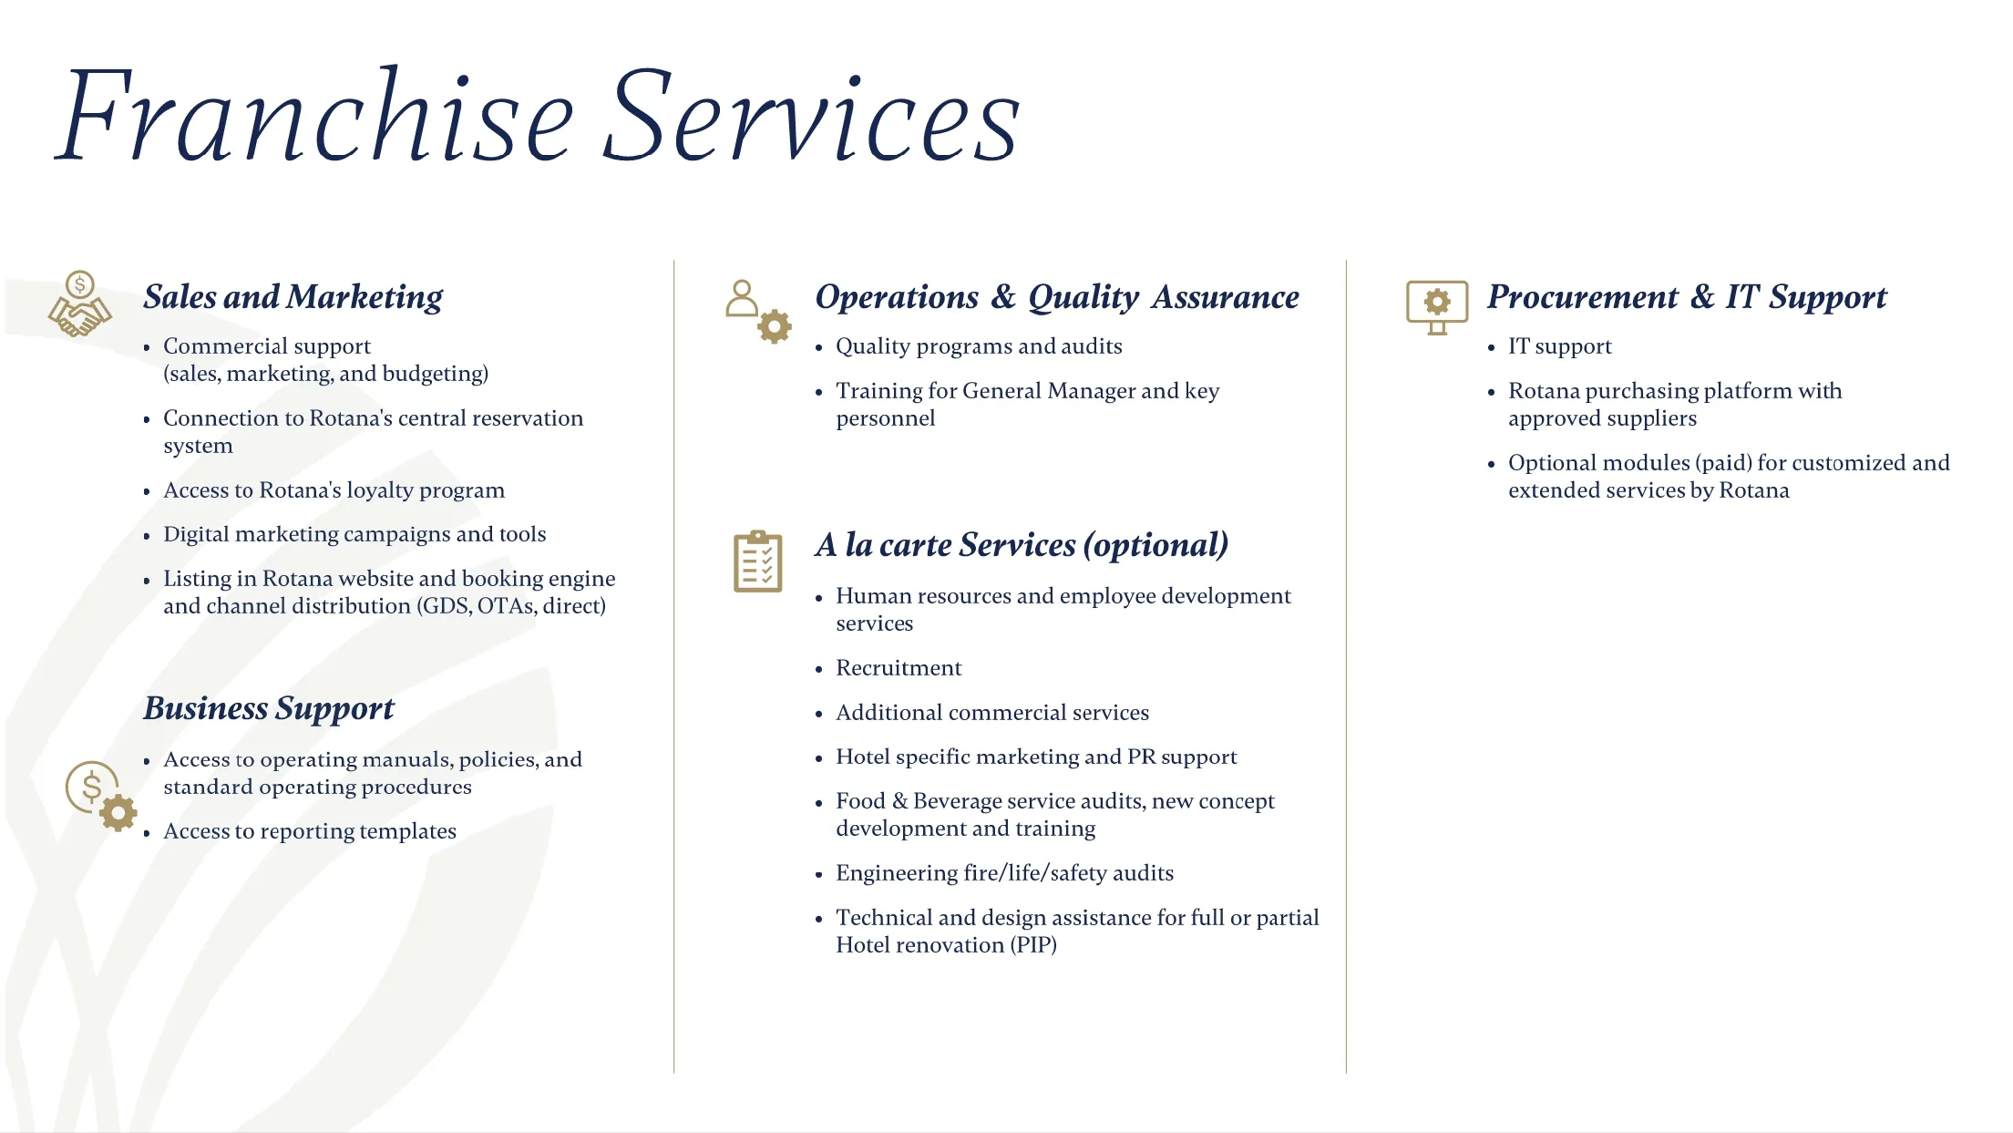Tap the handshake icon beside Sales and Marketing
(x=80, y=305)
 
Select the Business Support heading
(x=269, y=708)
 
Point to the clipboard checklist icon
(x=758, y=561)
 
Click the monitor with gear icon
(x=1437, y=306)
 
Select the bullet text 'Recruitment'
(x=899, y=668)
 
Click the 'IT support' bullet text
(x=1559, y=346)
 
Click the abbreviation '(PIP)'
(x=1033, y=945)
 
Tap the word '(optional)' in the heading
(x=1155, y=545)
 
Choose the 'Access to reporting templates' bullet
(x=310, y=831)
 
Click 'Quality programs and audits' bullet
(x=979, y=346)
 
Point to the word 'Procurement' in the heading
(x=1583, y=297)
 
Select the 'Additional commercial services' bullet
(x=992, y=713)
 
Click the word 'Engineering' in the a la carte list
(x=897, y=873)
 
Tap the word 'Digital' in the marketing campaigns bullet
(x=196, y=534)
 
